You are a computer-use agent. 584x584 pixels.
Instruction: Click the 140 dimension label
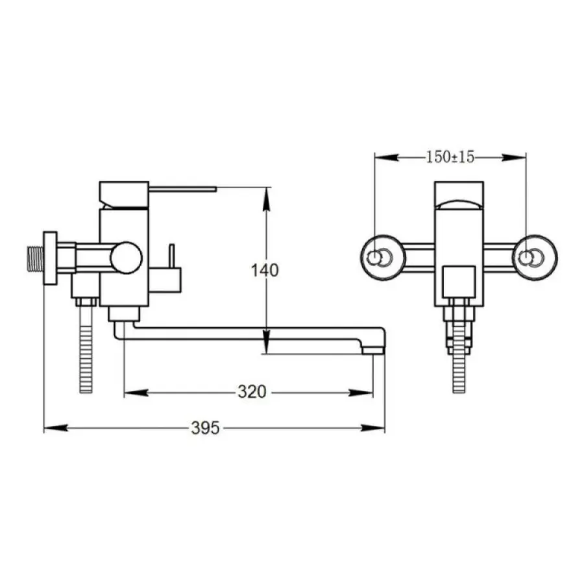pos(265,270)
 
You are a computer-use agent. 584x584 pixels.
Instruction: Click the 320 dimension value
pos(252,392)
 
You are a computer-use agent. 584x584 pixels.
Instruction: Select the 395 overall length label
pos(205,428)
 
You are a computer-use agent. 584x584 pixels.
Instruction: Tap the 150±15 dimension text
pos(450,157)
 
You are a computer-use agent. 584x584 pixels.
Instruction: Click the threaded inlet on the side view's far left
pos(36,258)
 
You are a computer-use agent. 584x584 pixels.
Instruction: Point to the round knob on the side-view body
pos(127,258)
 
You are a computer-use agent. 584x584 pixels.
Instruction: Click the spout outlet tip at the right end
pos(373,350)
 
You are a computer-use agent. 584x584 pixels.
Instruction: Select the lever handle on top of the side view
pos(182,189)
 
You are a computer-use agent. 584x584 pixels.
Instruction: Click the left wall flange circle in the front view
pos(382,258)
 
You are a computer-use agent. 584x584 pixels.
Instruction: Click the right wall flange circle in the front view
pos(535,258)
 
